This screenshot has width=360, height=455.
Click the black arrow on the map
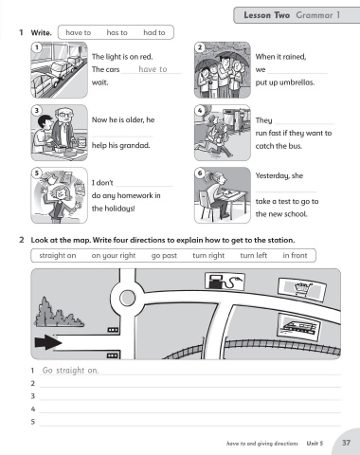tap(48, 342)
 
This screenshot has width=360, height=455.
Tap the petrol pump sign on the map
tap(225, 281)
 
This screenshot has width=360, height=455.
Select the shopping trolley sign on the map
tap(302, 289)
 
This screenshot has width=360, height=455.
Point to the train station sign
tap(298, 327)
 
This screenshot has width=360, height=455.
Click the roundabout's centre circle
tap(128, 298)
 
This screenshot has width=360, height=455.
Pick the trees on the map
tap(59, 312)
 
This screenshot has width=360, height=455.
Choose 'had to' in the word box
tap(154, 32)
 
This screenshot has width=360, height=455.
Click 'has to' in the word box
tap(117, 32)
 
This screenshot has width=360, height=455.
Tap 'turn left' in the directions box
tap(254, 255)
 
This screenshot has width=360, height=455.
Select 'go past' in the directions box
tap(164, 256)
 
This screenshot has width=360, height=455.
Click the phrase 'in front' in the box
tap(295, 255)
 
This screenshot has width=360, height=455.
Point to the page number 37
tap(347, 443)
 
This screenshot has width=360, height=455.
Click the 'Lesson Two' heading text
tap(266, 15)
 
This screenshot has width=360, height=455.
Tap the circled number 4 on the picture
tap(200, 110)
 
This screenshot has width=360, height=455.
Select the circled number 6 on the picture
tap(200, 173)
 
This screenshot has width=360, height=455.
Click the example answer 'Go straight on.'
tap(70, 371)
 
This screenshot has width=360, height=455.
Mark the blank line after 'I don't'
tap(144, 187)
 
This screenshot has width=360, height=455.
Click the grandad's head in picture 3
tap(63, 116)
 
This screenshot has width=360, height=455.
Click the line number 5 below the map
tap(33, 422)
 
